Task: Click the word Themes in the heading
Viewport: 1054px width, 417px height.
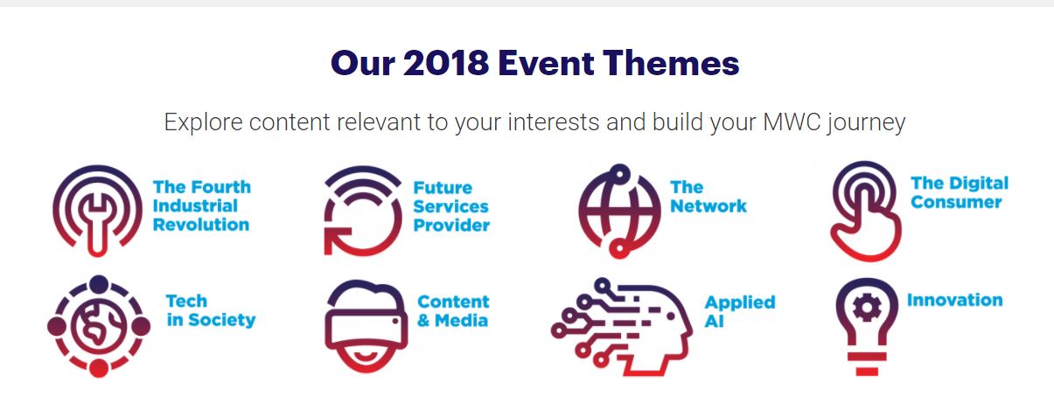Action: click(671, 63)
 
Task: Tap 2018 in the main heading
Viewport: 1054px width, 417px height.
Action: click(446, 63)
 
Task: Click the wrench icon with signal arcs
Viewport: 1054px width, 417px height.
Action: click(97, 211)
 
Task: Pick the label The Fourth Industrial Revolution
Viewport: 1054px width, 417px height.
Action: click(202, 206)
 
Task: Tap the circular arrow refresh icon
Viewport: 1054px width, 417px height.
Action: click(363, 211)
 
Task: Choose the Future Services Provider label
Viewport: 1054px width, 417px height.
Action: click(451, 206)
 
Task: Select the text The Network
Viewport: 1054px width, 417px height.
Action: click(708, 197)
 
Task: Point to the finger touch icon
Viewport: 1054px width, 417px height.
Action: click(865, 211)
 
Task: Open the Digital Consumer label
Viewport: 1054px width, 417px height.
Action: click(960, 192)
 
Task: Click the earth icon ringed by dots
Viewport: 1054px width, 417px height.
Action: click(99, 326)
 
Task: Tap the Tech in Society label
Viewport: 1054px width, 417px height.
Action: click(210, 310)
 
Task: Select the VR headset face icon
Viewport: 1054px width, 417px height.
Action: click(366, 326)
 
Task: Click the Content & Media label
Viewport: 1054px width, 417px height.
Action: click(453, 310)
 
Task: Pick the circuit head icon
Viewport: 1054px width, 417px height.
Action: click(621, 327)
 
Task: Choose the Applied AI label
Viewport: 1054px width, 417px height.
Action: click(740, 311)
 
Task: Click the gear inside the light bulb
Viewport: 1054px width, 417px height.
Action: click(867, 309)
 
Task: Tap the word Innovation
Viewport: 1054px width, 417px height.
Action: click(954, 300)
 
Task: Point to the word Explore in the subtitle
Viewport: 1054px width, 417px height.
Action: click(203, 122)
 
